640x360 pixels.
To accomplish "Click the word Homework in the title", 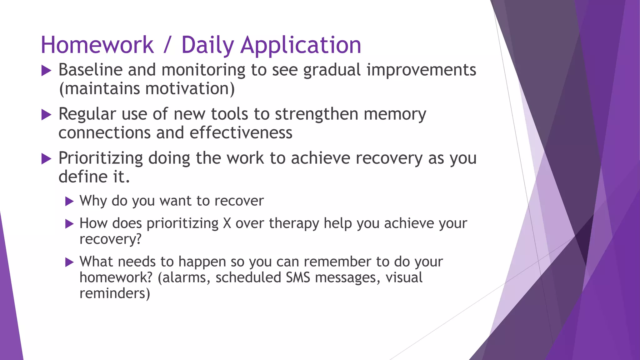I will (97, 45).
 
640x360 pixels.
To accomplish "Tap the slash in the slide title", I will (167, 46).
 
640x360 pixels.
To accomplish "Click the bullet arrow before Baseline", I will (46, 71).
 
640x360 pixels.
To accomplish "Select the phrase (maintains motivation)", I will (147, 89).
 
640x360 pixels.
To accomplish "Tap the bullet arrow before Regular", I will (46, 115).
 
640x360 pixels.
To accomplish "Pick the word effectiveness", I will (241, 133).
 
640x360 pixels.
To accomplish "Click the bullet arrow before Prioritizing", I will (46, 159).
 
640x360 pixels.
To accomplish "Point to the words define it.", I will (94, 177).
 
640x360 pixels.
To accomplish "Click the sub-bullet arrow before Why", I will (69, 202).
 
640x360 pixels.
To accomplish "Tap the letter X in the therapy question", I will (227, 223).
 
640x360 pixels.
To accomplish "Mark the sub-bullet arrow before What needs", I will (69, 262).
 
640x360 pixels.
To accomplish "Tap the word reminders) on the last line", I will (115, 293).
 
